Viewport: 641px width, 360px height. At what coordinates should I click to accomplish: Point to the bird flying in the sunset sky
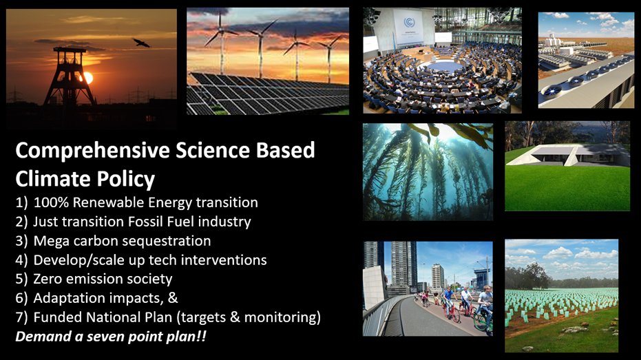pos(141,43)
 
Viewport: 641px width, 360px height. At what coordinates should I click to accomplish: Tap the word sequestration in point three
pos(167,242)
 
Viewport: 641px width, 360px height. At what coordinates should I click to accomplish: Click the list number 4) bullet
pos(21,261)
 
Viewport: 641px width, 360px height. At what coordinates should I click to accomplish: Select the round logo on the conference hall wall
pos(410,21)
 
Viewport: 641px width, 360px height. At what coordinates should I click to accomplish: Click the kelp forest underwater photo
pos(428,172)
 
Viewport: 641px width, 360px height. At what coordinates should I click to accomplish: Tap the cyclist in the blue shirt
pos(449,299)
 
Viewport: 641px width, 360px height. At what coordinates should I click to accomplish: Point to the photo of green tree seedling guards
pos(561,296)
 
